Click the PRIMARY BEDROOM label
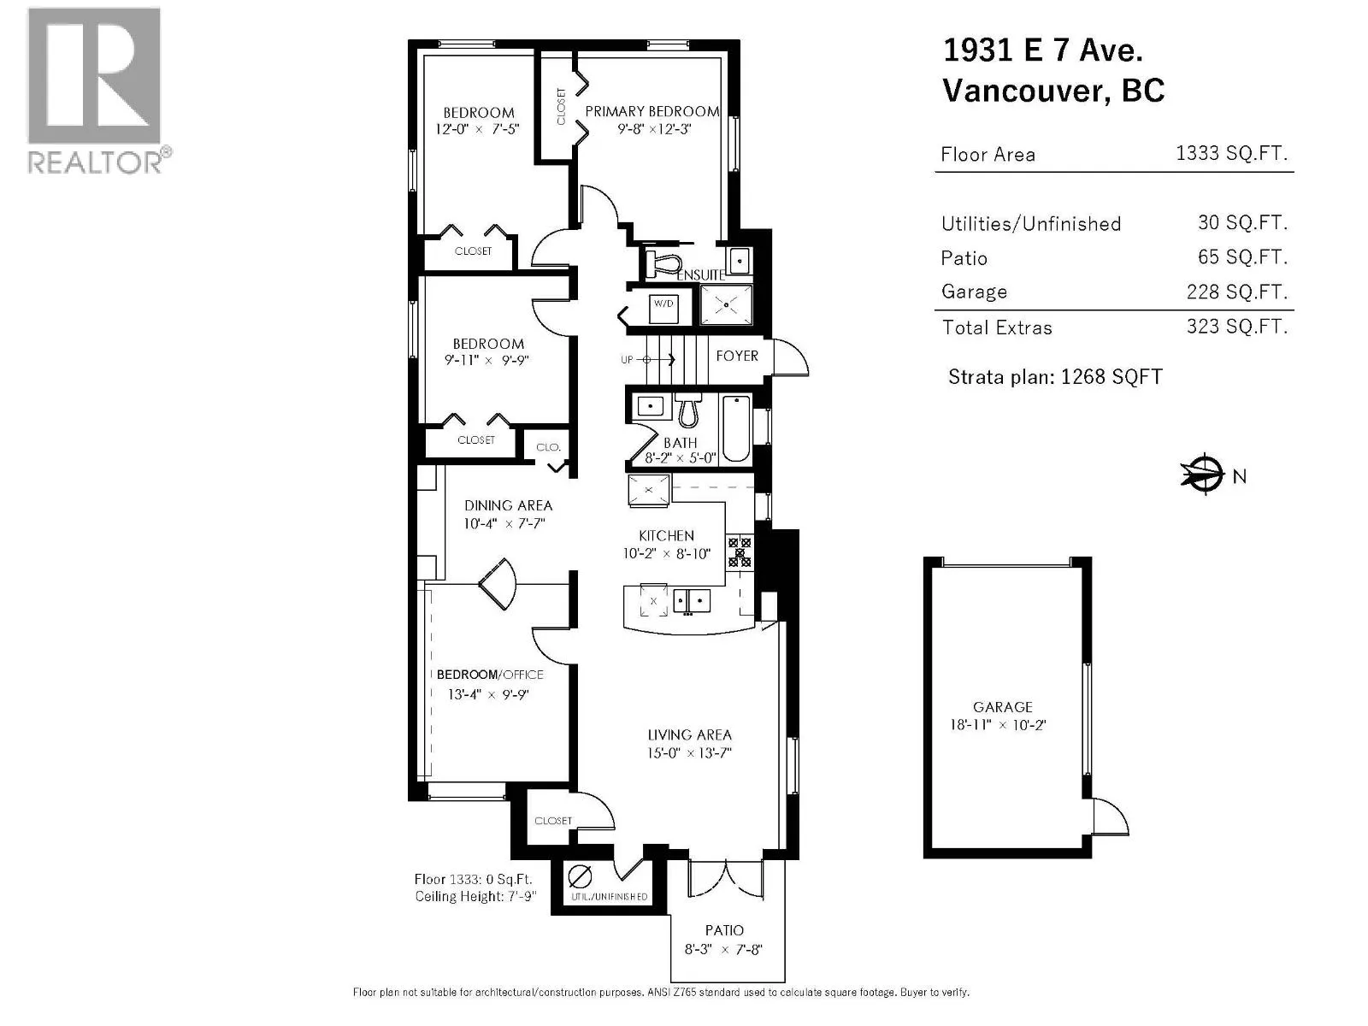click(652, 111)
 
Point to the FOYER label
click(737, 356)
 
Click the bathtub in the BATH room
click(736, 429)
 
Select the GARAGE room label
click(1003, 707)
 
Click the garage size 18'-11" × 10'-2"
click(998, 725)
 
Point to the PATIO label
click(724, 931)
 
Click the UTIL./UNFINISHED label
click(610, 897)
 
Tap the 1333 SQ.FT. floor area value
click(1231, 153)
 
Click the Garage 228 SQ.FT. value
click(1236, 292)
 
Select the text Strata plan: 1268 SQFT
click(1055, 376)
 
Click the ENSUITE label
click(700, 275)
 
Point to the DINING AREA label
click(508, 505)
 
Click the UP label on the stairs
click(627, 359)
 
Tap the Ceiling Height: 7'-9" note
click(475, 896)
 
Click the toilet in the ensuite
click(663, 263)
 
